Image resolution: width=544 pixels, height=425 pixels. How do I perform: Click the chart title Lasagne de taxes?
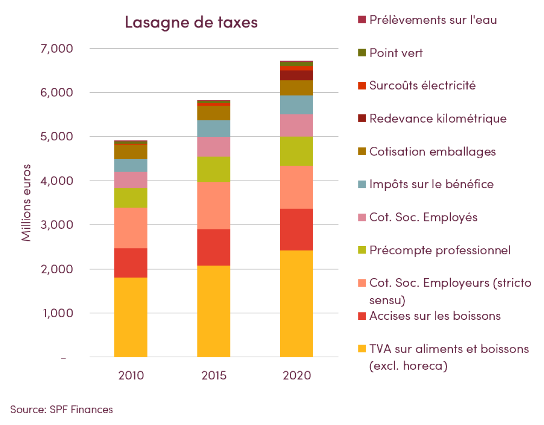click(x=191, y=22)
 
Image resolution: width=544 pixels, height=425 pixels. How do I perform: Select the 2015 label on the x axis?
click(x=213, y=376)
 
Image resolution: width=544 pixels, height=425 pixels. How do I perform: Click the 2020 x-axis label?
click(x=297, y=376)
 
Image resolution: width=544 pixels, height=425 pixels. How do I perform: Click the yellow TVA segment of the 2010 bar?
click(x=131, y=317)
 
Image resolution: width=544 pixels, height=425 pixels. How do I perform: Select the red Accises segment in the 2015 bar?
click(x=213, y=247)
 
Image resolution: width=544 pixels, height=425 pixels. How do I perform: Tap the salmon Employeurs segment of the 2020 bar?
click(x=297, y=187)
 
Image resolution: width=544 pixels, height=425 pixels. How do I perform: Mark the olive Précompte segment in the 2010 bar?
click(x=131, y=198)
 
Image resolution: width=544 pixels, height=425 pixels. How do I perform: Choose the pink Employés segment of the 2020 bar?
click(x=297, y=125)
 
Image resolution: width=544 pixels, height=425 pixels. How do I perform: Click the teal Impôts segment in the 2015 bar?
click(x=213, y=129)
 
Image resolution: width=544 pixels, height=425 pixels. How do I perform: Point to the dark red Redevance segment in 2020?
click(x=297, y=75)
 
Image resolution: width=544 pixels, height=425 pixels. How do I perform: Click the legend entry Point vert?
click(x=396, y=53)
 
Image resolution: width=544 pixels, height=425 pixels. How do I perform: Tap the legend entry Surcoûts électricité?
click(x=422, y=86)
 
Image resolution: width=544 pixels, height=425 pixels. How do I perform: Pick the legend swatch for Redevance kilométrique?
click(x=362, y=118)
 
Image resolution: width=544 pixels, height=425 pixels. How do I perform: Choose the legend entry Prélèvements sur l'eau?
click(x=432, y=20)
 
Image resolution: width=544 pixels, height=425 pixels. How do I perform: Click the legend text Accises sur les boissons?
click(x=435, y=316)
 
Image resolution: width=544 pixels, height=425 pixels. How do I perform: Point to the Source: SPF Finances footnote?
click(x=61, y=409)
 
